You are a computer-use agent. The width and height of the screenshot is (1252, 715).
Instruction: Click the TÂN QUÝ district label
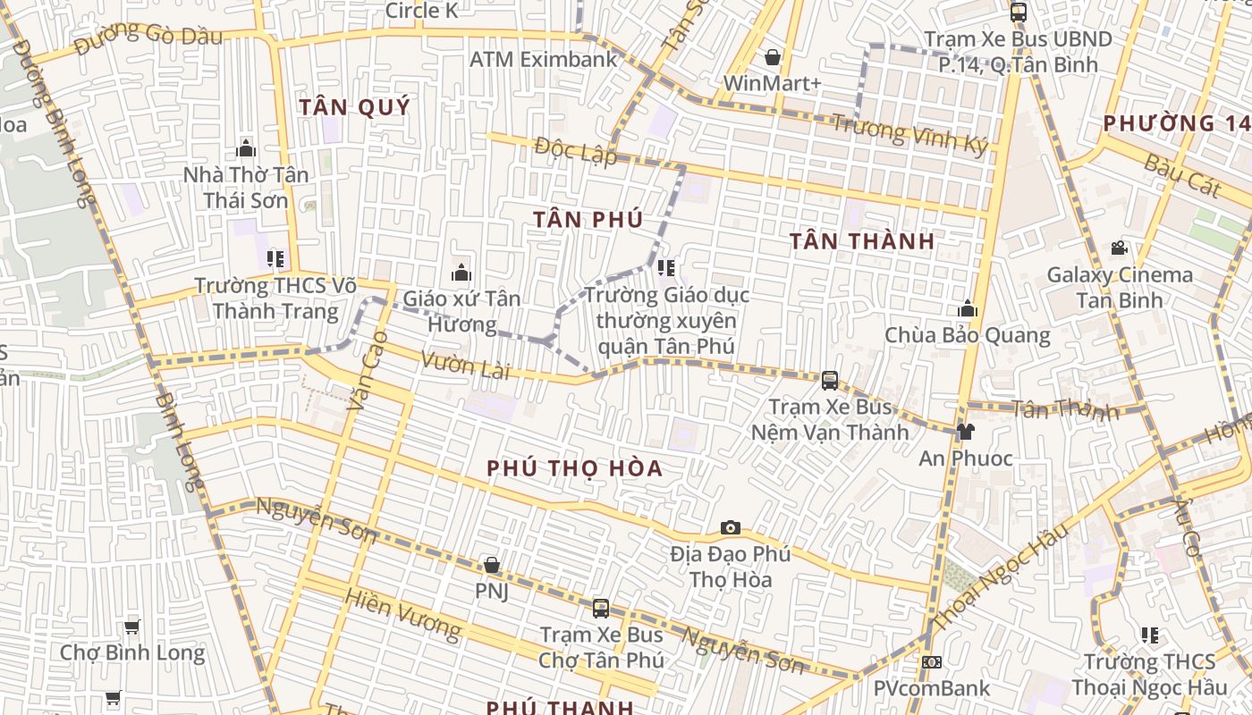(x=354, y=107)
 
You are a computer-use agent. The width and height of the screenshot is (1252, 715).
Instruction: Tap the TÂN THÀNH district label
(x=862, y=240)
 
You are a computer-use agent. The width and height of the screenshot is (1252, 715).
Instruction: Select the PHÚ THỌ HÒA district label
(x=575, y=468)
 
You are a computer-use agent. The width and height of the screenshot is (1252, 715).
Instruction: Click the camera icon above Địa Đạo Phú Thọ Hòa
(x=731, y=528)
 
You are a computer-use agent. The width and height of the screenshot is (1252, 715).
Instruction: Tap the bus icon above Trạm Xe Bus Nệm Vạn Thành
(x=830, y=381)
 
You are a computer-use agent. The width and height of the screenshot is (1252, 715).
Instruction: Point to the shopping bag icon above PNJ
(x=491, y=565)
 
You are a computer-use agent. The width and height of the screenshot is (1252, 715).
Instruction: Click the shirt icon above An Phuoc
(x=965, y=433)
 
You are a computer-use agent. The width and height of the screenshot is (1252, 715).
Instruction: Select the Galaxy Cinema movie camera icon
(x=1119, y=248)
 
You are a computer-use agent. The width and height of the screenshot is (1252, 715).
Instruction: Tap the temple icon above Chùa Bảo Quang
(x=967, y=309)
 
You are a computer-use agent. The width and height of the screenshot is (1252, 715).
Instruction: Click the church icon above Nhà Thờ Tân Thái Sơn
(x=246, y=148)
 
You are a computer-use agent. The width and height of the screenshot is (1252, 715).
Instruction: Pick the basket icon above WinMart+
(x=773, y=58)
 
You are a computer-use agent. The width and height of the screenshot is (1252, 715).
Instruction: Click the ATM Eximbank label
(x=544, y=60)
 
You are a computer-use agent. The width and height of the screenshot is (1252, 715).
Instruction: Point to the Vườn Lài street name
(x=464, y=366)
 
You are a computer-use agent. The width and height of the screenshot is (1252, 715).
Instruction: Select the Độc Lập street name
(x=576, y=151)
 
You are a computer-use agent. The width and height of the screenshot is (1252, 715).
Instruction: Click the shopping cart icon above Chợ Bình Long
(x=132, y=627)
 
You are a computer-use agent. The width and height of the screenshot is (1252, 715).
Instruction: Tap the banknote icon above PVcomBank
(x=932, y=662)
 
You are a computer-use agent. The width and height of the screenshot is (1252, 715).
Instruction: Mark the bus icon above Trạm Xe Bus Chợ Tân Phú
(x=601, y=609)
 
